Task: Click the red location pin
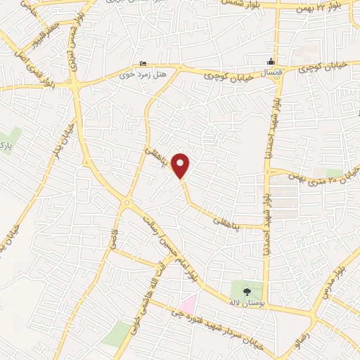point(181,166)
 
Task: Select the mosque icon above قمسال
point(271,61)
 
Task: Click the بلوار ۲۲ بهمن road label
point(324,6)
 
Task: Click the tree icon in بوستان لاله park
point(247,289)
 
